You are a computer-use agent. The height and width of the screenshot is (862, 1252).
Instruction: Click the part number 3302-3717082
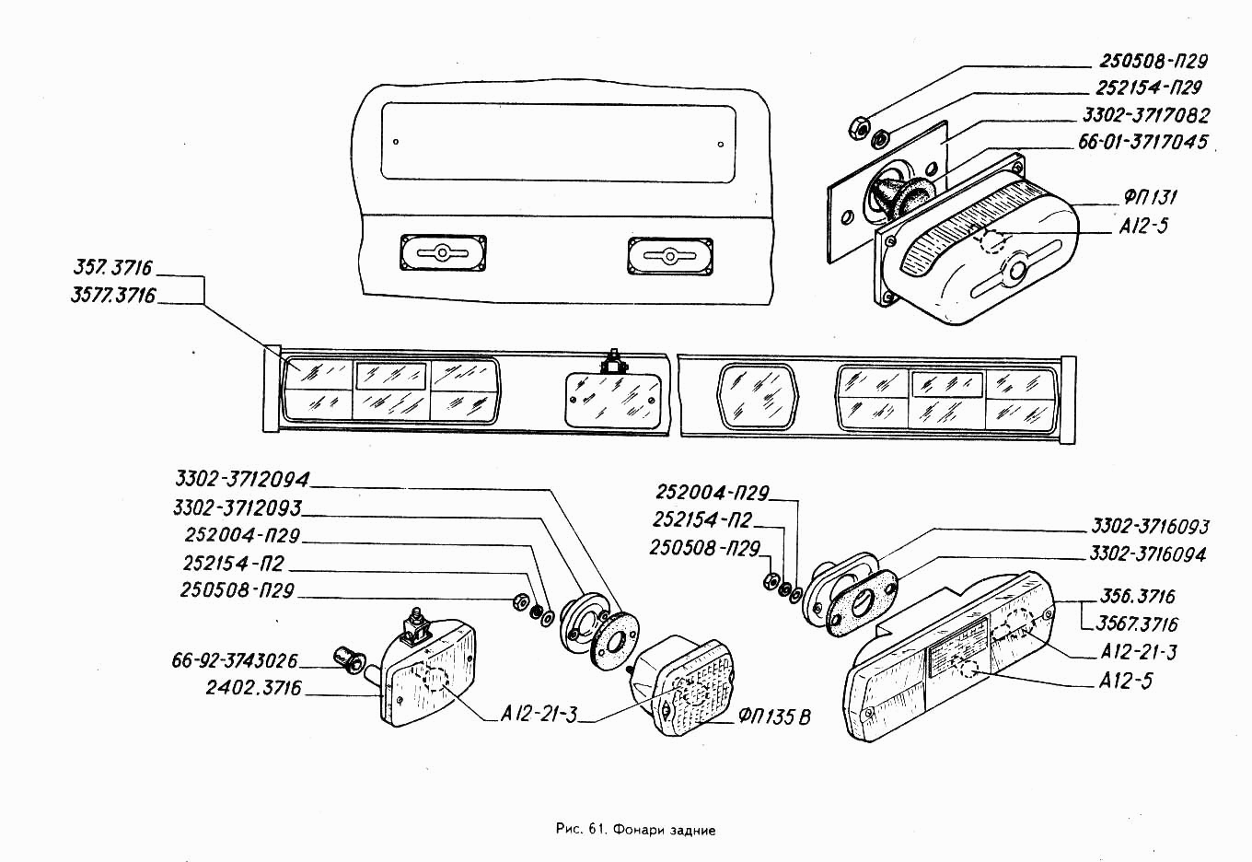coord(1146,115)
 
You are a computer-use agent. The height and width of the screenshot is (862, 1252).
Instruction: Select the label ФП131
coord(1151,197)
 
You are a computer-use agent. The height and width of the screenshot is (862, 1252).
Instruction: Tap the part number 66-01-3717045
coord(1142,142)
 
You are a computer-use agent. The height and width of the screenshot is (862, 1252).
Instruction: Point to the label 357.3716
coord(112,268)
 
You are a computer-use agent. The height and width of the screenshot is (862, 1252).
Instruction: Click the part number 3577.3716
coord(113,295)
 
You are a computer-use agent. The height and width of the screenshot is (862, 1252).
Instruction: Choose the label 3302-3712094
coord(243,479)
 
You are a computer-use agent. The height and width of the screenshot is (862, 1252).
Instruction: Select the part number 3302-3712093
coord(237,508)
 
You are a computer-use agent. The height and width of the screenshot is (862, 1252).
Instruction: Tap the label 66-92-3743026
coord(235,660)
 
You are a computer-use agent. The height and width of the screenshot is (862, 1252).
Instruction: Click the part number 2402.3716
coord(254,688)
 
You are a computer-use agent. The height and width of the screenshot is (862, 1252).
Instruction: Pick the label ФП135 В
coord(774,716)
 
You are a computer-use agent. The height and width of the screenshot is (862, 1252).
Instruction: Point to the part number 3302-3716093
coord(1151,527)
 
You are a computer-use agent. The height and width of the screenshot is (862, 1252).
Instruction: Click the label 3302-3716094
coord(1148,554)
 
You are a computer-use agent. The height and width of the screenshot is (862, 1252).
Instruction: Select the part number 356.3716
coord(1138,596)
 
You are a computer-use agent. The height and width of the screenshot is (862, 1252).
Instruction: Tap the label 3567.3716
coord(1137,623)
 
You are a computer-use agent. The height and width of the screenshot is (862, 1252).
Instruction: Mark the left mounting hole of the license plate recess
coord(396,142)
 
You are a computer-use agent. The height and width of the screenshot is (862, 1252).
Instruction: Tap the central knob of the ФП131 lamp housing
coord(1016,270)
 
